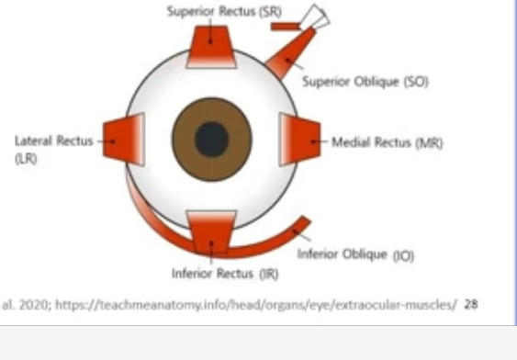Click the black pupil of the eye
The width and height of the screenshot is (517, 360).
(x=212, y=140)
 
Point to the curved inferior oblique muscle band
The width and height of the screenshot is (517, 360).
(x=275, y=241)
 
